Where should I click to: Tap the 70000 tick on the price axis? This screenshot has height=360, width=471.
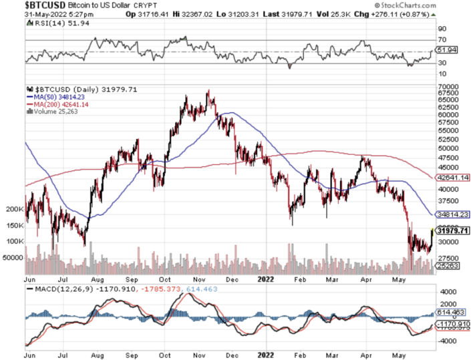pos(447,87)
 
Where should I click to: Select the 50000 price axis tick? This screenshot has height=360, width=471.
pos(447,148)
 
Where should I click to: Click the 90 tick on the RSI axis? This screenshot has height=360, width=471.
pos(442,29)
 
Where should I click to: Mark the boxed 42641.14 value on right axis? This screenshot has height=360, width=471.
pos(452,178)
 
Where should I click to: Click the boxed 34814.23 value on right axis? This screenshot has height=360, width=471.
pos(452,214)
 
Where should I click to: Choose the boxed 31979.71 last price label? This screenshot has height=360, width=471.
pos(452,231)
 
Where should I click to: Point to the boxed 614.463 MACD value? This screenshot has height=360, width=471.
pos(451,313)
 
